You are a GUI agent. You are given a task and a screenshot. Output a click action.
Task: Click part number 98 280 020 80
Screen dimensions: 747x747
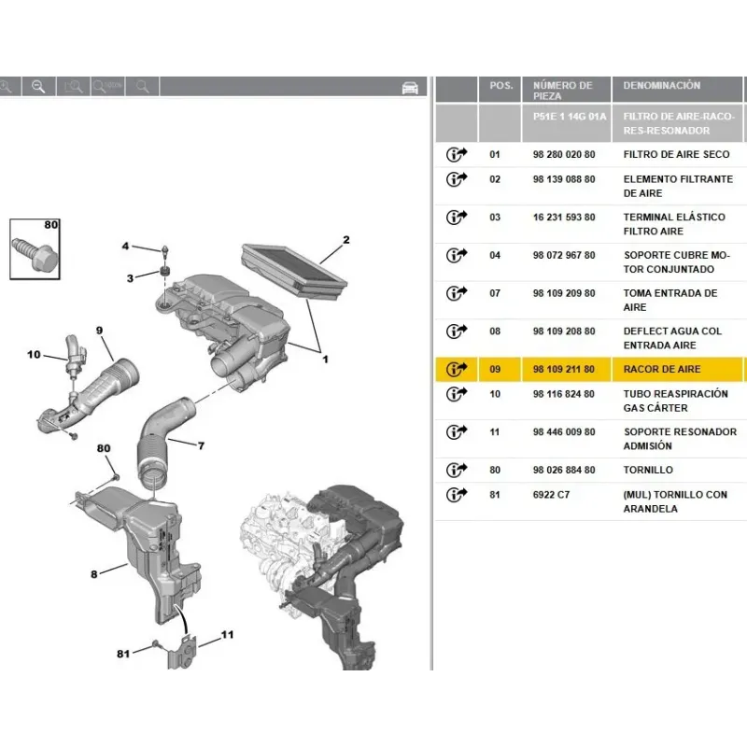[x=564, y=154]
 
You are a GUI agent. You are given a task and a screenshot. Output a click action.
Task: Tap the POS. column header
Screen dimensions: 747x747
[x=501, y=86]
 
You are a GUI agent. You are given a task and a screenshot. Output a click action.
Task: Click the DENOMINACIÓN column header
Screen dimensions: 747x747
[x=662, y=86]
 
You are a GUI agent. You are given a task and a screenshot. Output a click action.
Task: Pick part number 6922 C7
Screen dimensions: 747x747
[x=551, y=495]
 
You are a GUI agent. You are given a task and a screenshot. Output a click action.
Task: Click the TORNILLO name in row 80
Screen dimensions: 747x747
[x=648, y=471]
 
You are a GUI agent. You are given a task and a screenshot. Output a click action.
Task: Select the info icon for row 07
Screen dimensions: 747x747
[x=457, y=293]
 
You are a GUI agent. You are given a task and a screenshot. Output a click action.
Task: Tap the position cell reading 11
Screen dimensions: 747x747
[x=495, y=432]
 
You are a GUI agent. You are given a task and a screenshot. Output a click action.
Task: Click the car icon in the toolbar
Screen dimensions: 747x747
[x=410, y=87]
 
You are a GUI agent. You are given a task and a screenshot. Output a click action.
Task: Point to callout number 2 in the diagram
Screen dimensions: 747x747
[x=346, y=240]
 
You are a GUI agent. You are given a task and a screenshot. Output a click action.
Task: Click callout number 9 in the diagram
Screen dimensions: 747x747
[x=99, y=331]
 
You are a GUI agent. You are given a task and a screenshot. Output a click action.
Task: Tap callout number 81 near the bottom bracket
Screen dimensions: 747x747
[x=123, y=654]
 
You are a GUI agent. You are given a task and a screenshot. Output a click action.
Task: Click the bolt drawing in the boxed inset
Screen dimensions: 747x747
[x=36, y=253]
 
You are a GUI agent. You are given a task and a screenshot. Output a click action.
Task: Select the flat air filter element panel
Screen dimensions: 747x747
[x=294, y=270]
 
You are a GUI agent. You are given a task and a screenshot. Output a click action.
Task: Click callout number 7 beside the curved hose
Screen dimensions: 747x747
[x=201, y=446]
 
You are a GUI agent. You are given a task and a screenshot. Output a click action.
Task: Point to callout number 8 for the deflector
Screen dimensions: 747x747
[x=94, y=574]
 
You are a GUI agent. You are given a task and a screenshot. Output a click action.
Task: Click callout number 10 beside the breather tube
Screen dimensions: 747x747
[x=34, y=355]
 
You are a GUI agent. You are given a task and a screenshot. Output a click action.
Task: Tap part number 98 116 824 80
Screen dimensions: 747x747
[x=564, y=394]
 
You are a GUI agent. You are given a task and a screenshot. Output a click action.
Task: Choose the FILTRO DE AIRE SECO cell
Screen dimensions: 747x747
[x=676, y=154]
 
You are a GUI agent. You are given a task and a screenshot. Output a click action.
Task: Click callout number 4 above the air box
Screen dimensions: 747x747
[x=125, y=246]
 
